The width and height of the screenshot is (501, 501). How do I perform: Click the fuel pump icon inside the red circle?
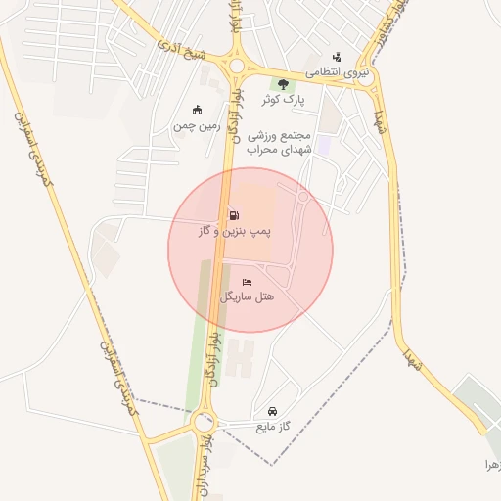pos(233,215)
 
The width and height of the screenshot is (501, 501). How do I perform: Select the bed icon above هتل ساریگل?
pos(248,281)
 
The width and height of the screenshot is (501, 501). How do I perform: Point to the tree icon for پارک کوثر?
pos(284,85)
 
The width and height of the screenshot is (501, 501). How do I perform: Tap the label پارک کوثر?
pos(284,100)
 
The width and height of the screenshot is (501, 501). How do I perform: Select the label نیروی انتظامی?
pos(337,71)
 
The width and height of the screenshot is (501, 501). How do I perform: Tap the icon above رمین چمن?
pos(198,110)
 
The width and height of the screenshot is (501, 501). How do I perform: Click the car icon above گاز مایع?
pos(272,411)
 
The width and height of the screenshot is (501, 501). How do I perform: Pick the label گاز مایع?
pos(274,427)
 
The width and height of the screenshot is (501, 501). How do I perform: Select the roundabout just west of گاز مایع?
pos(203,424)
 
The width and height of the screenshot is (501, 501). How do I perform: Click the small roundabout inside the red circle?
pos(303,198)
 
